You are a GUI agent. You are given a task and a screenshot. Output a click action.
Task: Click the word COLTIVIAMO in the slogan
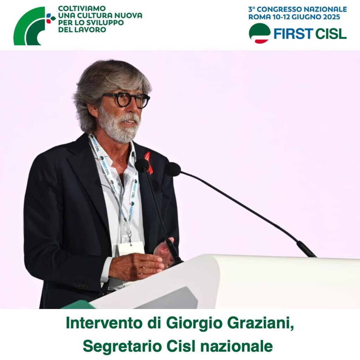[x=82, y=8]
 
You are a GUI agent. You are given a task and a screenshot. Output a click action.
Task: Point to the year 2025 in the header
[x=331, y=17]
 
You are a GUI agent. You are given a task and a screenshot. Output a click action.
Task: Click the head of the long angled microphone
[x=173, y=169]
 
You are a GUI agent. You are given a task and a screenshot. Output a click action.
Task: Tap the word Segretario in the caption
[x=121, y=347]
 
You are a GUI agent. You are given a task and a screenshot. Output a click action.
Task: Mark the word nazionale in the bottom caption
[x=237, y=346]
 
